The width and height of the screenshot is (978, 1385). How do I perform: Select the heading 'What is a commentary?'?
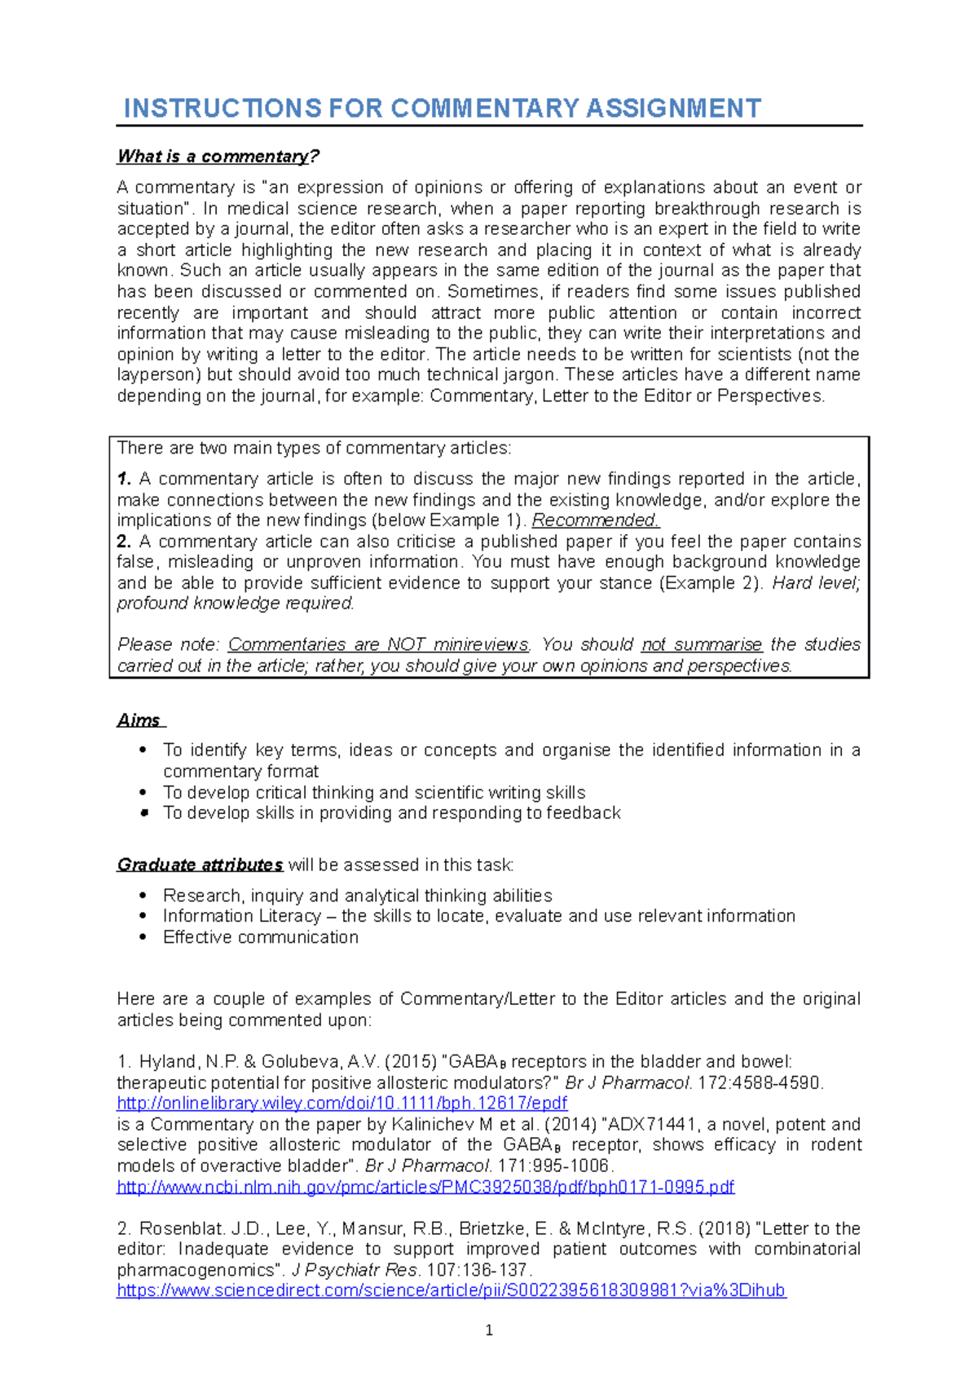(218, 156)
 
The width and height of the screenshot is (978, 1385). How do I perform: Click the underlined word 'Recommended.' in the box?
(596, 520)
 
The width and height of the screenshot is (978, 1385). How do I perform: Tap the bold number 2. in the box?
(124, 542)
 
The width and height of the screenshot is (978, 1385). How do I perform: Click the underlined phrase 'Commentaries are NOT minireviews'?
(378, 644)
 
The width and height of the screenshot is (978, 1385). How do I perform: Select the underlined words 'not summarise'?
(701, 644)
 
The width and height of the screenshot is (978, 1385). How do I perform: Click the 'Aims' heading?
(139, 720)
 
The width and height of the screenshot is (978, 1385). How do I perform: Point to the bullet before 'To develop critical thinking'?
(143, 792)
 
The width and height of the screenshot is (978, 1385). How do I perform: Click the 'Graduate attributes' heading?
(200, 865)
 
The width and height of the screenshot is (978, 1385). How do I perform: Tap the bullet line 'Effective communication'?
(260, 937)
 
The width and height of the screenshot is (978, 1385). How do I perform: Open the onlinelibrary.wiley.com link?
(341, 1103)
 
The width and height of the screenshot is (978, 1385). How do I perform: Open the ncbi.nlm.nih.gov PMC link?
(425, 1187)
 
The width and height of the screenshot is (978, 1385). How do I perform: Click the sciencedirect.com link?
(451, 1290)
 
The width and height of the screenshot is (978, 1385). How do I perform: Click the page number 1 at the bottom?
(489, 1330)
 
